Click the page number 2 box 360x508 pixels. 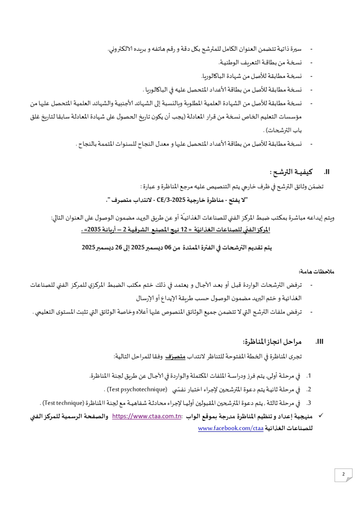click(343, 475)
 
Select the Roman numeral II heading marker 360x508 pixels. click(327, 172)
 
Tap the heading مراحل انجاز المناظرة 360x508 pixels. click(272, 342)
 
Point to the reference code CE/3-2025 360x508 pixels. click(171, 200)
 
